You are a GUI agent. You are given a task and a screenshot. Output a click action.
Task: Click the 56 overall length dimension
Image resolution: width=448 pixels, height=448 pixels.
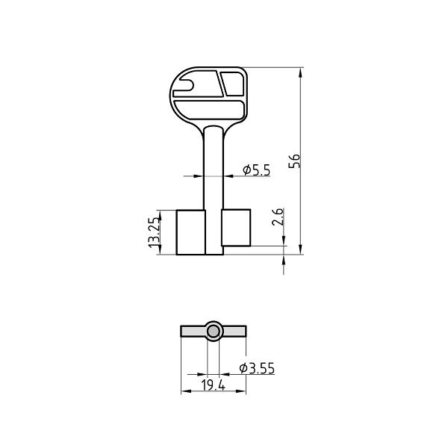coord(295,161)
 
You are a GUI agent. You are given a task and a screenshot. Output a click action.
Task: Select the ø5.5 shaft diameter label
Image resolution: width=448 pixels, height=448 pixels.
coord(256,170)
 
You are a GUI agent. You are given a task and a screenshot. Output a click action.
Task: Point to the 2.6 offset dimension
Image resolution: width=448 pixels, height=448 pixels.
coord(278,217)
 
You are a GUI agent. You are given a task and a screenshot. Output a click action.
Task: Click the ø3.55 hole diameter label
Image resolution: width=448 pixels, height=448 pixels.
coord(257,368)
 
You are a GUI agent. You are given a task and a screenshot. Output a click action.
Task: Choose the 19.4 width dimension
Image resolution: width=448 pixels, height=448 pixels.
coord(214,386)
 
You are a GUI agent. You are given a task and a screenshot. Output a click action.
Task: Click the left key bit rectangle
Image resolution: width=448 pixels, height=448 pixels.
coord(190,232)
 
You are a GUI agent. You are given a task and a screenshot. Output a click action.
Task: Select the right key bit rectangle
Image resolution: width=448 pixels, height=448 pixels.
coord(236,228)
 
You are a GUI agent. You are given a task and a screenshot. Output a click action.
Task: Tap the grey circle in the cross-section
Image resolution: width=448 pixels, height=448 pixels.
coord(213,332)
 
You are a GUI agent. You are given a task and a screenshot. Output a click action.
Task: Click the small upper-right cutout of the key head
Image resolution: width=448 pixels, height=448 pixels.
coord(233,84)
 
